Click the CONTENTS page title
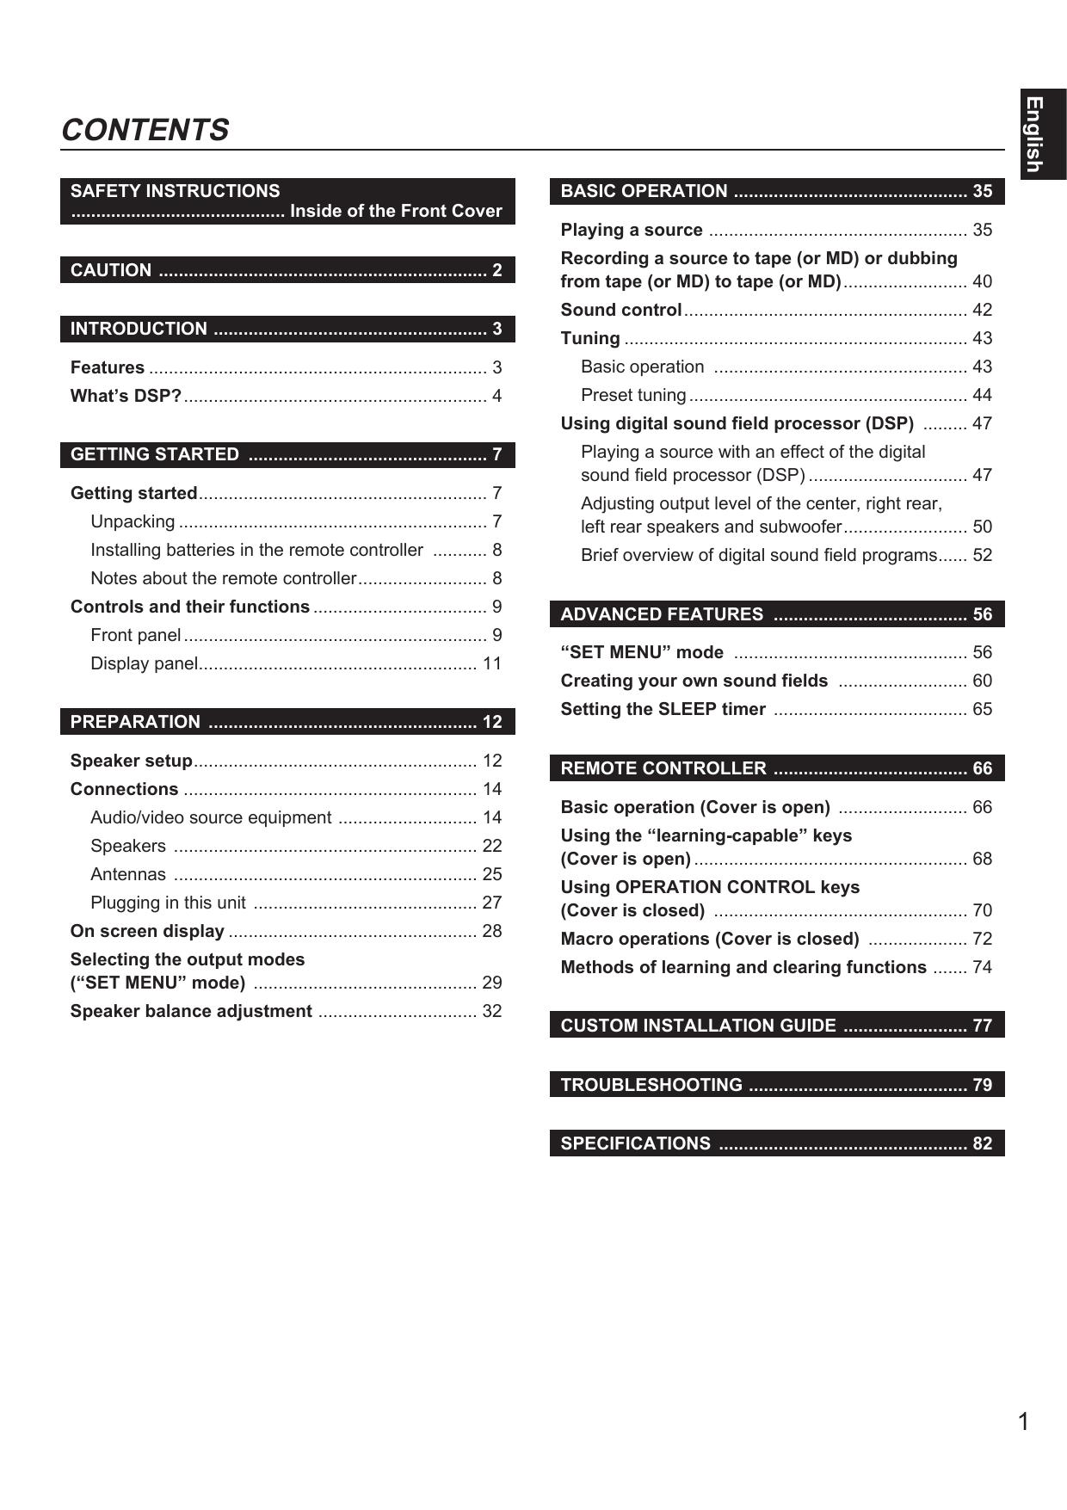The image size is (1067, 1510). coord(145,130)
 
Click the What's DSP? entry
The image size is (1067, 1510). coord(126,396)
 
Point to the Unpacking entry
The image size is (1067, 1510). coord(133,521)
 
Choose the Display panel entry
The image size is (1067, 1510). coord(145,663)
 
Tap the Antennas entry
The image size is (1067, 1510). coord(128,874)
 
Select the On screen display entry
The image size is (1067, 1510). coord(147,931)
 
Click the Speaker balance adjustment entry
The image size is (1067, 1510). coord(191,1011)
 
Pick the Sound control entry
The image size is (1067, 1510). coord(621,310)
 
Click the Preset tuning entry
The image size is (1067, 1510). coord(633,395)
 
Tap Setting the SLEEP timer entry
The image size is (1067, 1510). coord(663,709)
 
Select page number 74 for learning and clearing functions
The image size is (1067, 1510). coord(982,967)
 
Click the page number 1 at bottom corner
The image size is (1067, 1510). coord(1023,1421)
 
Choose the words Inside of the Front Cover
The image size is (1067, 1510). coord(396,212)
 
